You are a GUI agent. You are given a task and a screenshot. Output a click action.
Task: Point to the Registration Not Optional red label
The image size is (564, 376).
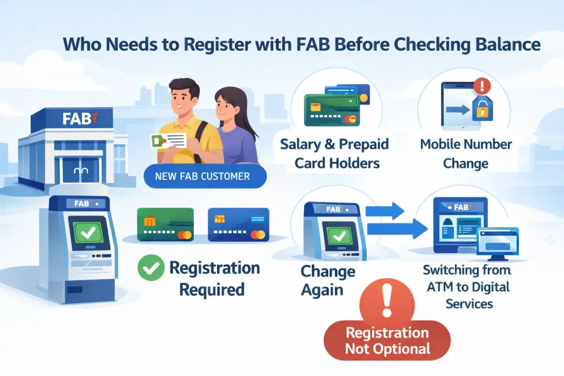pos(387,340)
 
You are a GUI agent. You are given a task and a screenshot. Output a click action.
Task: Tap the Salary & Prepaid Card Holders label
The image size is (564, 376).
pos(334,154)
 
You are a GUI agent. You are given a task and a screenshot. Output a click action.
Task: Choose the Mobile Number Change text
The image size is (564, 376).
pos(466,154)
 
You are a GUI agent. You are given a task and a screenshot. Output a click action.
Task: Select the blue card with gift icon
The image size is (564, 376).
pos(238,225)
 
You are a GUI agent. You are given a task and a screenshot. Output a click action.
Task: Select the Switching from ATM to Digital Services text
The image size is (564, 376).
pos(467,286)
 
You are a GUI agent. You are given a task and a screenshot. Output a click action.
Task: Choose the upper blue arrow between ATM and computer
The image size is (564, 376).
pos(385,210)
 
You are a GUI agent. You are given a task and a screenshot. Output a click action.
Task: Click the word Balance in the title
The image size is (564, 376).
pos(507,45)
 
